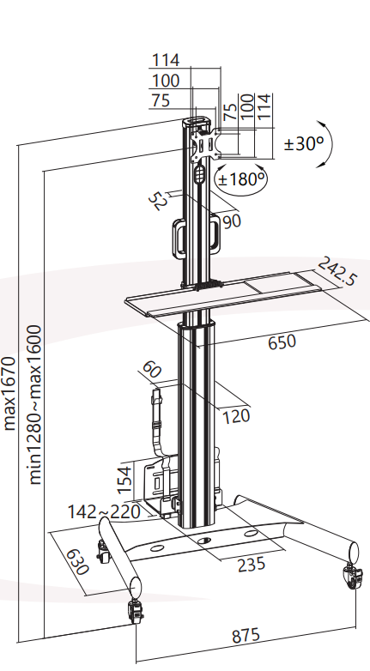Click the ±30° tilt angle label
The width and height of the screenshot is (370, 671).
304,144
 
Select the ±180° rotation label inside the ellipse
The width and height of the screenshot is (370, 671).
241,178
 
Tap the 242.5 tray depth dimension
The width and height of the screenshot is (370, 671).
337,271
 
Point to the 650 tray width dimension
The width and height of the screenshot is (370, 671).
282,342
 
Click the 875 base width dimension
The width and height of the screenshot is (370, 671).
246,635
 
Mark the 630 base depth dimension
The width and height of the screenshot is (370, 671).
77,561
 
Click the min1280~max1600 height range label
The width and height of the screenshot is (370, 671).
35,404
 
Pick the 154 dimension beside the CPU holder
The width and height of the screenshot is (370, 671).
124,480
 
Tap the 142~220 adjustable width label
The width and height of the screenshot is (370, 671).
104,511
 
